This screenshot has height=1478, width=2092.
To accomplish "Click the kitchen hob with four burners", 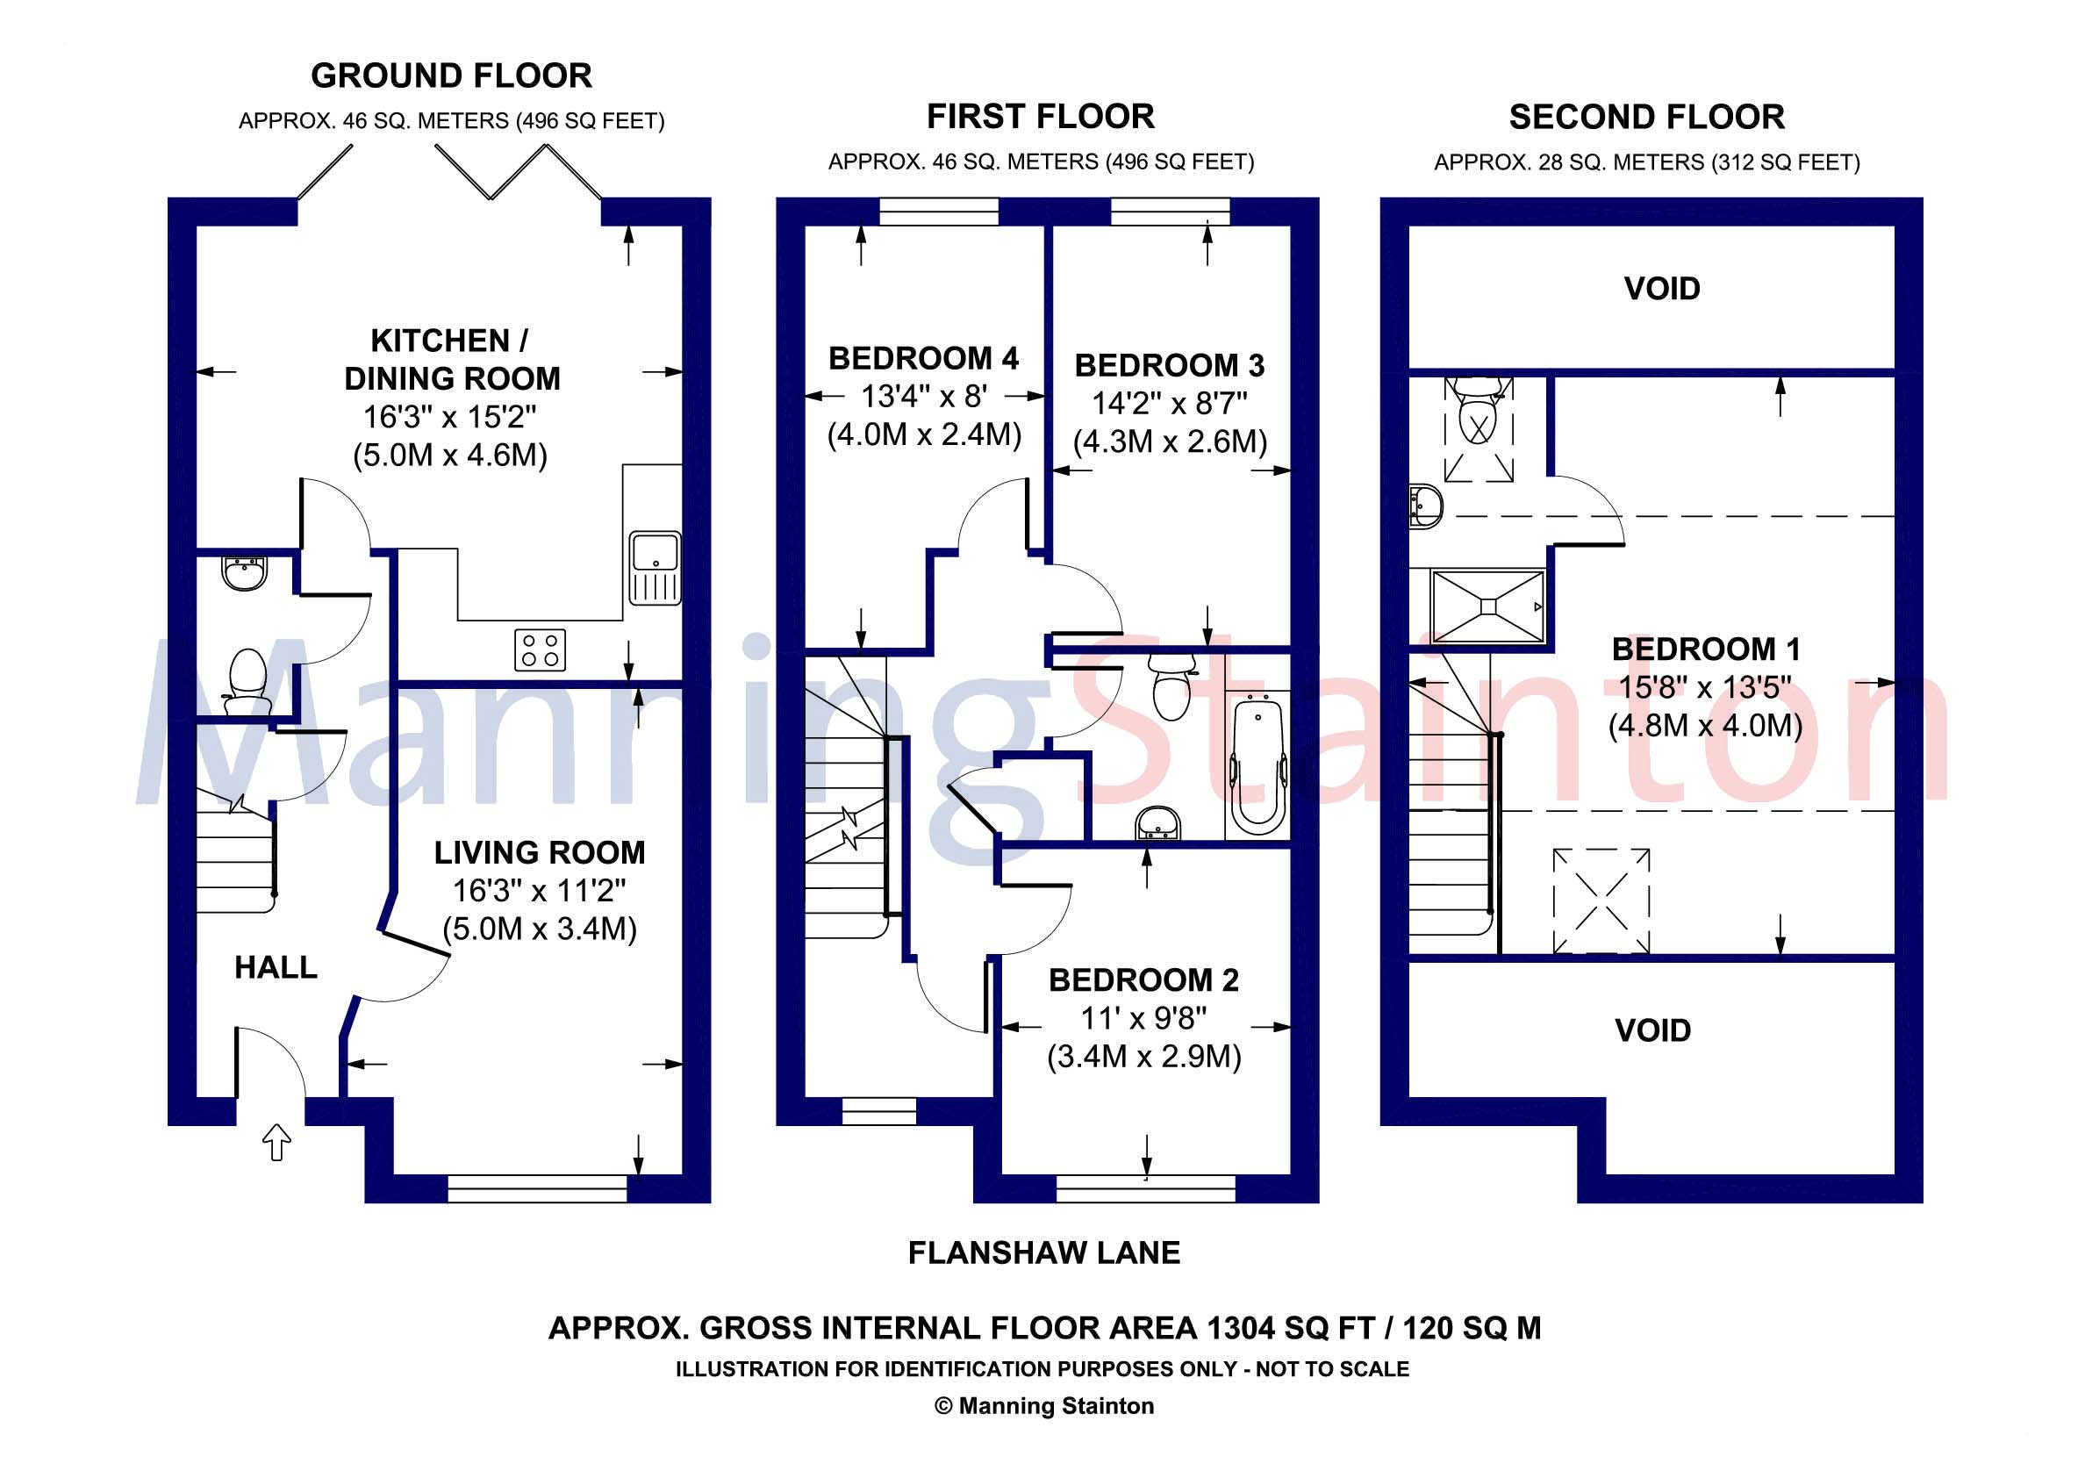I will click(540, 649).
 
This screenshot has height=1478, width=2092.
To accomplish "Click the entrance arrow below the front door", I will click(277, 1142).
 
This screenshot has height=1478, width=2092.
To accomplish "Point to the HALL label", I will click(276, 967).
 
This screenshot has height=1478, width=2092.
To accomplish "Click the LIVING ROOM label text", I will click(540, 853).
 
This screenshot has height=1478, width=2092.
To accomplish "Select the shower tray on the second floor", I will click(1487, 606).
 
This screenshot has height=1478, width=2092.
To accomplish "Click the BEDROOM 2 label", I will click(1143, 980).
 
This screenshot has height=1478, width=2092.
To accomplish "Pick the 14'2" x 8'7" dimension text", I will click(1170, 403).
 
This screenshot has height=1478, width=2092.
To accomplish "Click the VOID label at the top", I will click(1661, 289).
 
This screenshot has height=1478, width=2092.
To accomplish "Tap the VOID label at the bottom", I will click(1653, 1030).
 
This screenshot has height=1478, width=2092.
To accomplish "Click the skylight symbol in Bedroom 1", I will click(1601, 900).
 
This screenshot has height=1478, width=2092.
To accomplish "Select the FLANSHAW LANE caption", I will click(1044, 1253).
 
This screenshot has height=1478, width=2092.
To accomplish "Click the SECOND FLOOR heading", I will click(1646, 118).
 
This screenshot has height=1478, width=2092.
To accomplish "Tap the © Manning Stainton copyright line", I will click(1044, 1406).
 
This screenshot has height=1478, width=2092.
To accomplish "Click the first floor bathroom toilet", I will click(1171, 688).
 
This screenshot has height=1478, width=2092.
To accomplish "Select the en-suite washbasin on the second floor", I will click(1426, 506).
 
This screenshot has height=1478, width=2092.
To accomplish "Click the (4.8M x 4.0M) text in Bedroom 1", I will click(1705, 726).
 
